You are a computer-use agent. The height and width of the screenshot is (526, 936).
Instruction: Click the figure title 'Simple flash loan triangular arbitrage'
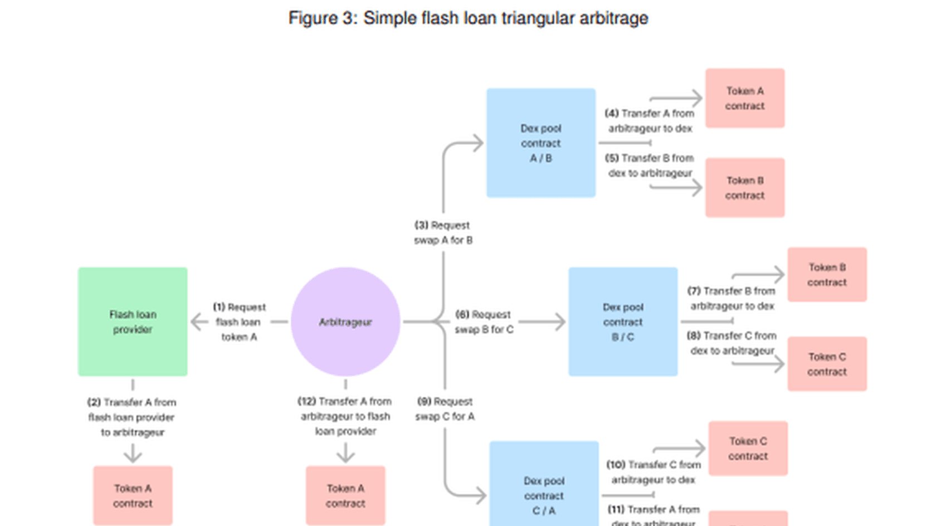pyautogui.click(x=468, y=18)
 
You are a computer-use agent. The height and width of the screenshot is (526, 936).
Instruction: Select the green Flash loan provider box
pyautogui.click(x=133, y=322)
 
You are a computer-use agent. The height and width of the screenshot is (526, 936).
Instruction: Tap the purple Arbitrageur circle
pyautogui.click(x=345, y=322)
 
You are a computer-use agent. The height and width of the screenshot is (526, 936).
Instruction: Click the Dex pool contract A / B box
pyautogui.click(x=540, y=143)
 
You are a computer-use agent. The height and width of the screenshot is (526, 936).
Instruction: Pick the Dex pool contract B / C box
pyautogui.click(x=623, y=322)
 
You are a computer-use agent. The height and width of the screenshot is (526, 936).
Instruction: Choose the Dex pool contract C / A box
pyautogui.click(x=544, y=490)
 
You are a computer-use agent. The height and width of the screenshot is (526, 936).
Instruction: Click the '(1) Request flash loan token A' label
pyautogui.click(x=239, y=322)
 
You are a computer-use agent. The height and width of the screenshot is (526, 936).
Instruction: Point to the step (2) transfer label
pyautogui.click(x=131, y=417)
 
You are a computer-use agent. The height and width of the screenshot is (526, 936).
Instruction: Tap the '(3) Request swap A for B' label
pyautogui.click(x=443, y=233)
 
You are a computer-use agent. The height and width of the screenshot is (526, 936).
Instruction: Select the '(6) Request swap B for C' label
pyautogui.click(x=484, y=322)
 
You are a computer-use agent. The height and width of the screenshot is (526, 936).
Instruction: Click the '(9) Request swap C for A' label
pyautogui.click(x=445, y=409)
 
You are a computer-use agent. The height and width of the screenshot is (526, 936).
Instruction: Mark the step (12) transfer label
pyautogui.click(x=345, y=416)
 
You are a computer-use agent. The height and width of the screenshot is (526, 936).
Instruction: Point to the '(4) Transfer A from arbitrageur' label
pyautogui.click(x=650, y=121)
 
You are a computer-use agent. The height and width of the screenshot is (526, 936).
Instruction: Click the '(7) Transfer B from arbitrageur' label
pyautogui.click(x=732, y=299)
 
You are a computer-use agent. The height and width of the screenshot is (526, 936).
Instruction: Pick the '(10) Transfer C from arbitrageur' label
pyautogui.click(x=653, y=472)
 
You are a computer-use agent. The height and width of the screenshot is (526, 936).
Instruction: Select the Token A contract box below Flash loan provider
pyautogui.click(x=133, y=495)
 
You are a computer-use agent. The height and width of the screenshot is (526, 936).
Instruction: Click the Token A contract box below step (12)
pyautogui.click(x=345, y=495)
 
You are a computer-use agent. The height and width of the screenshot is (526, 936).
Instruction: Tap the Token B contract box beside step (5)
pyautogui.click(x=745, y=188)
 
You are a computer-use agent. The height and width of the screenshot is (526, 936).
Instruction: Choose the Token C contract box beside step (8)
pyautogui.click(x=827, y=364)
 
